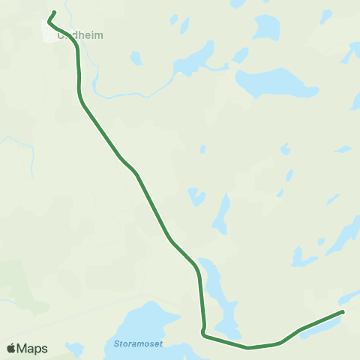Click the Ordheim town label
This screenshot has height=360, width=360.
click(x=81, y=34)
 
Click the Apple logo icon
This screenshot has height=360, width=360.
click(x=10, y=349)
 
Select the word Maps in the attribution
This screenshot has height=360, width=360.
click(x=32, y=349)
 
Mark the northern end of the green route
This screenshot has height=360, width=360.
click(x=55, y=12)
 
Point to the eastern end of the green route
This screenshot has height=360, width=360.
click(x=342, y=311)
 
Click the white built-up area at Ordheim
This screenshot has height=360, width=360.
click(x=49, y=32)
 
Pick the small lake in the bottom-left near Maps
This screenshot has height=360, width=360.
click(x=73, y=349)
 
